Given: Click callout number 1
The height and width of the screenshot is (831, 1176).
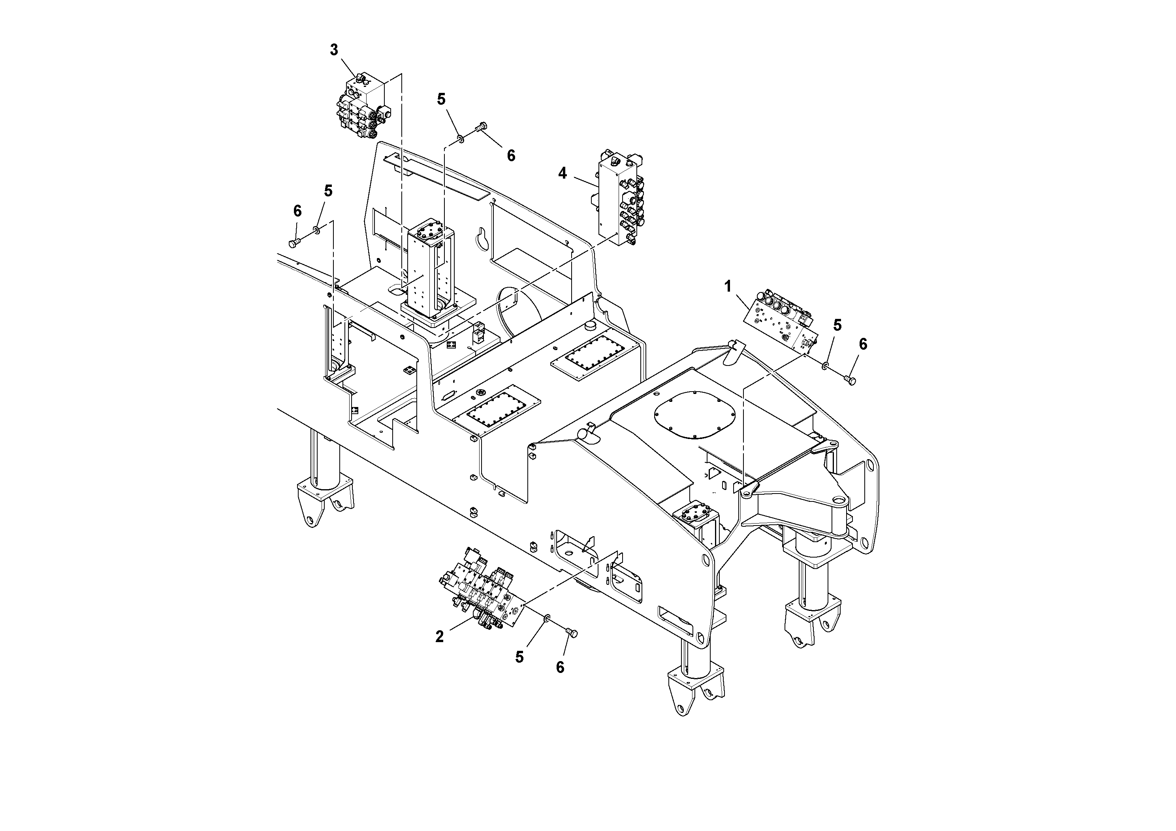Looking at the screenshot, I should pos(728,287).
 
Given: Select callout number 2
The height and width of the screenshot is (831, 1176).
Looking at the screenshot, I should pos(439,637).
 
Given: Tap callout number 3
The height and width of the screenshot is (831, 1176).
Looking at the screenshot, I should pos(334,50).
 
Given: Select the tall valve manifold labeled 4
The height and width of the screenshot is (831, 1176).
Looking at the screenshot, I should pos(620,200).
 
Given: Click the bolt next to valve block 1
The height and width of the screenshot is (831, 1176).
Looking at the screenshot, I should pos(850,380).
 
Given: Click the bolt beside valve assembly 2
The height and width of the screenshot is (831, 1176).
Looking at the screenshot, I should pos(572,634).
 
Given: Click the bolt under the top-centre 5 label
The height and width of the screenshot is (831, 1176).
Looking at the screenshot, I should pos(481,126).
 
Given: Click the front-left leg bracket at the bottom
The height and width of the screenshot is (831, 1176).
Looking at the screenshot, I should pos(696,686).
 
